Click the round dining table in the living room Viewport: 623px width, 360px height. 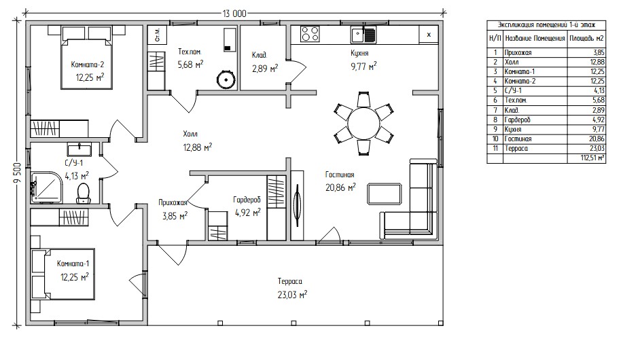pyautogui.click(x=364, y=123)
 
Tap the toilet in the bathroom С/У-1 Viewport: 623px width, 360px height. pyautogui.click(x=83, y=193)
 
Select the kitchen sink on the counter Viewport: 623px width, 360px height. pyautogui.click(x=363, y=35)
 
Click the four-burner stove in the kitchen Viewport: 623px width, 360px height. pyautogui.click(x=310, y=34)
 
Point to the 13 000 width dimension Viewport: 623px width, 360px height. pyautogui.click(x=234, y=14)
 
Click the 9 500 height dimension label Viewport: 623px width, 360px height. pyautogui.click(x=16, y=173)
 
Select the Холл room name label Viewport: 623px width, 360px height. pyautogui.click(x=190, y=134)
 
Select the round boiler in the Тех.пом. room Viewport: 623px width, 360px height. pyautogui.click(x=226, y=79)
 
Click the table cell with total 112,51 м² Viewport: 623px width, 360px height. pyautogui.click(x=586, y=158)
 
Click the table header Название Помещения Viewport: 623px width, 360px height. pyautogui.click(x=535, y=39)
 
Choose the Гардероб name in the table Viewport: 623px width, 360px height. pyautogui.click(x=517, y=120)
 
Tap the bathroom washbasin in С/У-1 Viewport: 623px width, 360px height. pyautogui.click(x=79, y=149)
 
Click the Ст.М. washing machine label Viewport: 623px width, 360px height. pyautogui.click(x=158, y=35)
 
